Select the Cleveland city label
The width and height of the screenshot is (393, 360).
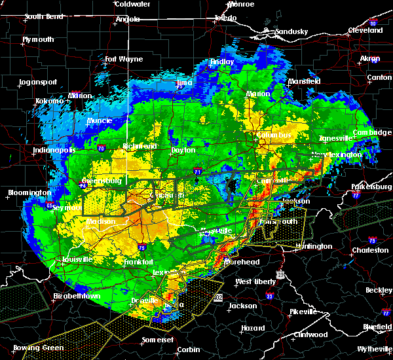pos(365,30)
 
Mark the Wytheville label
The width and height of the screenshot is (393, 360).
pos(371,350)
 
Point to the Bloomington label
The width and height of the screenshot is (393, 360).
pos(29,193)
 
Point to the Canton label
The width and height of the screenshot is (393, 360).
pos(379,77)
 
